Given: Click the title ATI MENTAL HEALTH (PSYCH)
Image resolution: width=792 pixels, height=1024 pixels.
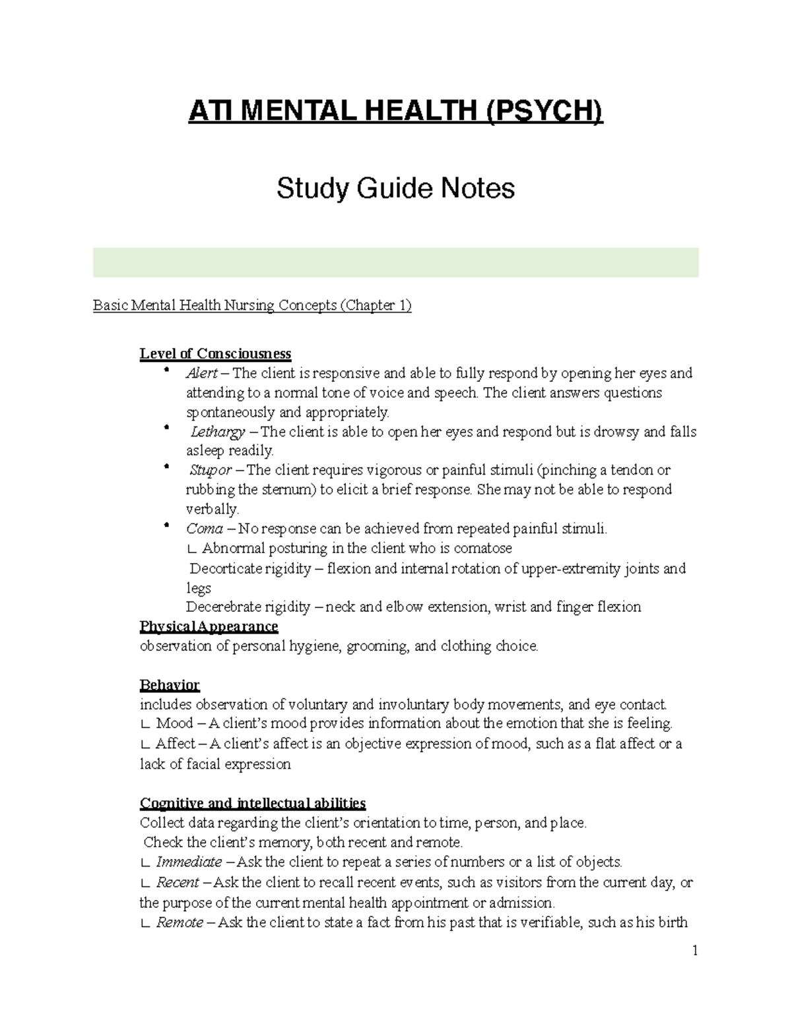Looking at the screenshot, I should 395,111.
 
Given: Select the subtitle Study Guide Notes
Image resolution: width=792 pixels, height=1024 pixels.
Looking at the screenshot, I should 395,189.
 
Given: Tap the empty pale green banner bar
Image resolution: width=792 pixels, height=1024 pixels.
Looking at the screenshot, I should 395,262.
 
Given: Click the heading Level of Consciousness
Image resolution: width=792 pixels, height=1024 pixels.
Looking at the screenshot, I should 215,353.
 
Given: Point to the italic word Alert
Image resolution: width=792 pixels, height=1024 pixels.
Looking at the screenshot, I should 202,373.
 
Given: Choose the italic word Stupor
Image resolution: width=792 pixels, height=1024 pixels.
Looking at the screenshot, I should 211,471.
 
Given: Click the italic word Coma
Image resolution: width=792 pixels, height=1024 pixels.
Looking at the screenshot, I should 204,529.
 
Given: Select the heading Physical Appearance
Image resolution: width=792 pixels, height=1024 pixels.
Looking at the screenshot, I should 209,626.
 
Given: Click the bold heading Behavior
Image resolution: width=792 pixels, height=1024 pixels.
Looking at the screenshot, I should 170,685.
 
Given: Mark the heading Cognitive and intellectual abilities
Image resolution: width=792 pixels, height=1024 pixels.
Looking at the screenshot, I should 253,804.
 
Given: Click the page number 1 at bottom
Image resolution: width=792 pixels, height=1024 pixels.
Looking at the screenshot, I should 695,951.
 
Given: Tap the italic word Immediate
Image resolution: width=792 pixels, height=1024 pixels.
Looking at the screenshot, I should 189,862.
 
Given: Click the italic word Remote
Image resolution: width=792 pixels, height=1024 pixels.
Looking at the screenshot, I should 180,922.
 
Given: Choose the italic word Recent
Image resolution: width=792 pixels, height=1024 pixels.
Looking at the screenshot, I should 178,882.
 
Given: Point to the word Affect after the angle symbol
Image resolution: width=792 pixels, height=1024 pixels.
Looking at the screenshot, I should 175,744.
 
